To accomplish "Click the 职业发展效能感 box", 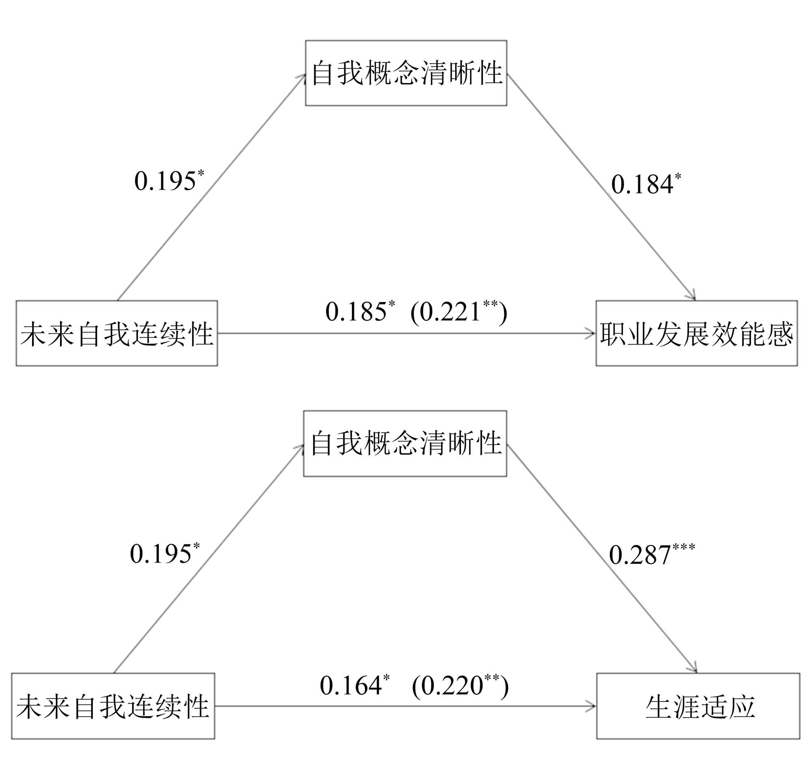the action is click(x=696, y=333).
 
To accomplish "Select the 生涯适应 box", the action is click(x=697, y=706).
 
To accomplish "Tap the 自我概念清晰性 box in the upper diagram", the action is click(x=406, y=73).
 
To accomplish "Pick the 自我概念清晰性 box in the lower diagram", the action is click(x=405, y=443).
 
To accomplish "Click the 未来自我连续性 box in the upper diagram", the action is click(x=117, y=333).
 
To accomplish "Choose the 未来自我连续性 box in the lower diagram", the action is click(x=113, y=706).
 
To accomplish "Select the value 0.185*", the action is click(x=359, y=312).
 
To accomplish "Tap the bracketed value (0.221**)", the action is click(x=459, y=312).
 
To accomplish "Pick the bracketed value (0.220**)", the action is click(x=460, y=685).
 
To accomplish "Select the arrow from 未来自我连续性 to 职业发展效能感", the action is click(x=406, y=333).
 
